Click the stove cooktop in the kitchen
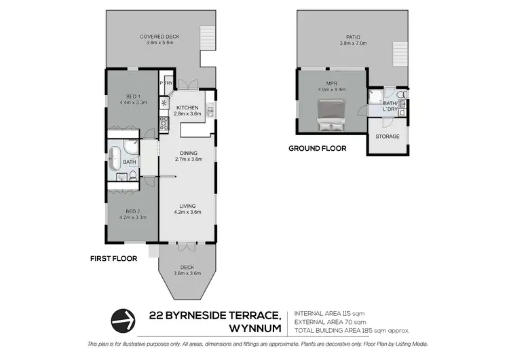pyautogui.click(x=164, y=124)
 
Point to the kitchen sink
pyautogui.click(x=211, y=111)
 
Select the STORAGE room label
pyautogui.click(x=388, y=137)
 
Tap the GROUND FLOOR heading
pyautogui.click(x=318, y=148)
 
